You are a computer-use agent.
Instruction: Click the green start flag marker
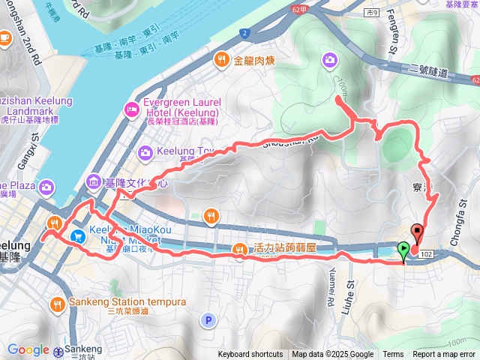tap(404, 251)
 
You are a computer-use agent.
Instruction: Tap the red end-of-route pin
tap(416, 235)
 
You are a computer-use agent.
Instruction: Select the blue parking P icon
tap(208, 320)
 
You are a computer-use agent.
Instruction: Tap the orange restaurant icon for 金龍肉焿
tap(221, 59)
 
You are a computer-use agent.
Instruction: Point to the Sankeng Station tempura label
tap(118, 301)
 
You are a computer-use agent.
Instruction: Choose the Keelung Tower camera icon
tap(145, 152)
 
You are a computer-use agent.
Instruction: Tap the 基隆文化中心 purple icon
tap(94, 181)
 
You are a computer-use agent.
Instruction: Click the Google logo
tap(28, 349)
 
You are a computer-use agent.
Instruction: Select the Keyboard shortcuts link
tap(250, 355)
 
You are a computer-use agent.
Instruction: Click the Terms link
tap(393, 355)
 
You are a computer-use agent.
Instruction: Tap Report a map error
tap(444, 355)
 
